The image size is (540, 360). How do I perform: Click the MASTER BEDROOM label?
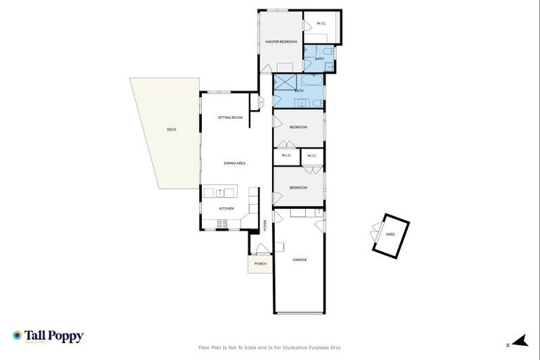coord(281,42)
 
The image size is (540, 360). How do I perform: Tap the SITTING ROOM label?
coord(230,117)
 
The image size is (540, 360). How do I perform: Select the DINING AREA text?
coord(234,163)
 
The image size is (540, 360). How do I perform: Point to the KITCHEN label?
coord(226,208)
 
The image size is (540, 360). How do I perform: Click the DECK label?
coord(172,129)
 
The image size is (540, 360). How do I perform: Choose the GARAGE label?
coord(299,260)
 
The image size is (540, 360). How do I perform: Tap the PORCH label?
coord(260,264)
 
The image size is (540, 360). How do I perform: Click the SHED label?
coord(390,235)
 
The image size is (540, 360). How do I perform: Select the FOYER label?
coord(265,226)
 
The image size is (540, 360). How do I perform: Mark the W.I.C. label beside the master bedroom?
coord(321,24)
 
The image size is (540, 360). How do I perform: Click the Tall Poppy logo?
coord(48,336)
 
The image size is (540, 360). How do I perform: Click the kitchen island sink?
coord(220,192)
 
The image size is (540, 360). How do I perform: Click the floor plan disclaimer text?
coord(270,347)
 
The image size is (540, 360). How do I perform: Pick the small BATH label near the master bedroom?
coord(319,59)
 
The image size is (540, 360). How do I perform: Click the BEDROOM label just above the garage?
coord(299,188)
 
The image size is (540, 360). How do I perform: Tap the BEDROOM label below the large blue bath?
coord(299,127)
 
